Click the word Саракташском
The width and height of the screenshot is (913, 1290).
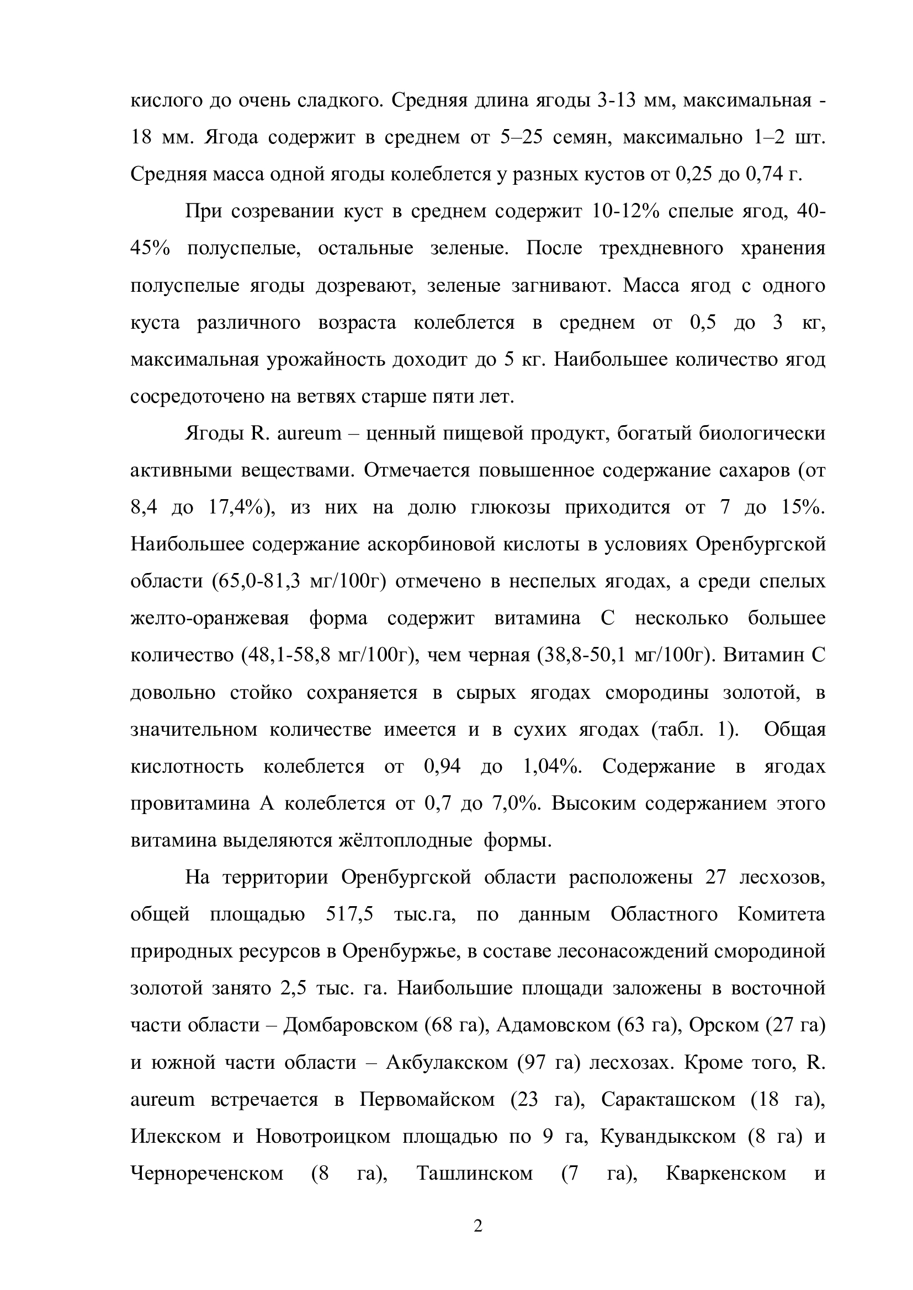click(668, 1100)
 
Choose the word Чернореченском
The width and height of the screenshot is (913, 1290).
click(207, 1174)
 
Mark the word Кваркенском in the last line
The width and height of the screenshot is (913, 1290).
click(726, 1174)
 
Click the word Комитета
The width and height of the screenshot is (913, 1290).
click(781, 914)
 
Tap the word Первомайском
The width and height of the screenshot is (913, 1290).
click(427, 1100)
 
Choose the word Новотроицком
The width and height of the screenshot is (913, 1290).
click(323, 1137)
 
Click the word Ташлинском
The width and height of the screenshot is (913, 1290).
click(475, 1174)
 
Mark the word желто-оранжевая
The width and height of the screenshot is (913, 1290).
click(209, 619)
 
